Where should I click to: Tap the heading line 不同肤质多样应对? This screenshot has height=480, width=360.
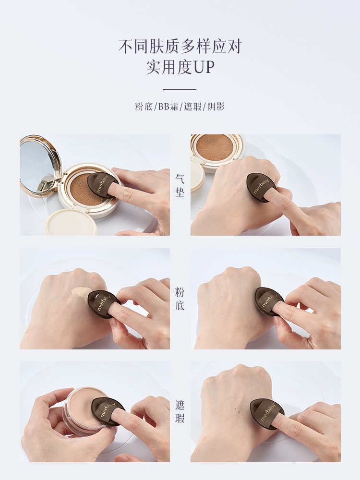coord(180,47)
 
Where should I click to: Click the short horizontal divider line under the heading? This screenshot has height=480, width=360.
coord(180,90)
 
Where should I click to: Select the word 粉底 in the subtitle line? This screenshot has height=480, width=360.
coord(144,107)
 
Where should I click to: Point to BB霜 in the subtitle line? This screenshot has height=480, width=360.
coord(168,107)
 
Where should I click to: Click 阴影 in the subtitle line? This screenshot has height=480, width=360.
coord(216,107)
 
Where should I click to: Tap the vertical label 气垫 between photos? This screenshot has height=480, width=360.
coord(180,185)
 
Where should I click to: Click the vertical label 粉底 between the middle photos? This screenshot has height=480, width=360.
coord(180,299)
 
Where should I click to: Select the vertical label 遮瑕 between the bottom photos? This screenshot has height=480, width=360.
coord(180,412)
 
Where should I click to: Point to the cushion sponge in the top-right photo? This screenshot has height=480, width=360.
coord(215,147)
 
